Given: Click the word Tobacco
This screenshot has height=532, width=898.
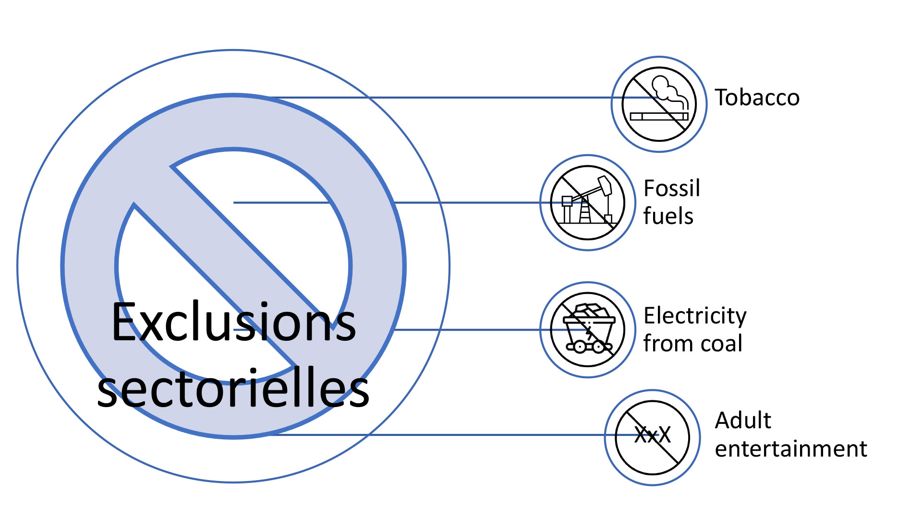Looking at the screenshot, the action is (757, 98).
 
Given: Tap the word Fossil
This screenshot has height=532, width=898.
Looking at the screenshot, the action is (671, 188).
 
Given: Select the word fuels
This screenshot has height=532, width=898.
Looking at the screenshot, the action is (668, 216).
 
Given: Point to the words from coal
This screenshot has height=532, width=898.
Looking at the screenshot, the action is (692, 343).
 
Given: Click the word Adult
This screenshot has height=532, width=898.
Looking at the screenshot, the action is (743, 421).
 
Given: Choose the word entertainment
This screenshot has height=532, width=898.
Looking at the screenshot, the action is (791, 449).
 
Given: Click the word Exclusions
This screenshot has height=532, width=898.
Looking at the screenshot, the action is (234, 322).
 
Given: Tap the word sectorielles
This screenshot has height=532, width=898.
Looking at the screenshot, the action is (233, 387).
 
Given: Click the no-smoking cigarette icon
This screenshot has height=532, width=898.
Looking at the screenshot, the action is (659, 104).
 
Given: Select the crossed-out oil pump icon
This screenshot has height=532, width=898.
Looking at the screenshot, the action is (587, 202).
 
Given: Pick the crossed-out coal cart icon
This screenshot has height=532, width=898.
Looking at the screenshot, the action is (588, 330).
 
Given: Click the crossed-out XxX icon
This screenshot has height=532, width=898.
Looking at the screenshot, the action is (652, 437).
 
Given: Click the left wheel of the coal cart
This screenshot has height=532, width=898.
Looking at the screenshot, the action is (580, 346).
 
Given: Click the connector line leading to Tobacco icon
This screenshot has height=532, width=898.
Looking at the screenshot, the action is (442, 98).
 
